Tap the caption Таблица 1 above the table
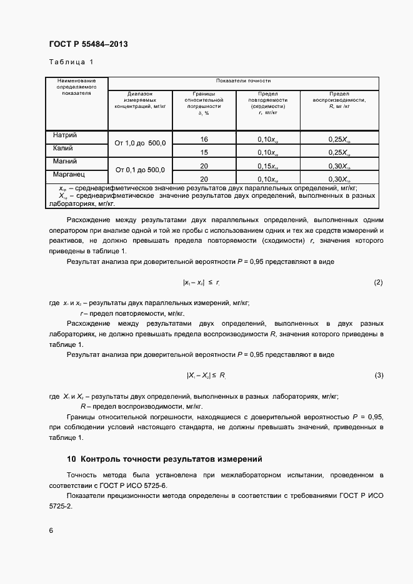point(71,62)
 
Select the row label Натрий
point(66,135)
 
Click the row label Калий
point(63,148)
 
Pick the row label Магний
point(65,162)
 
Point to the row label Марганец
point(69,174)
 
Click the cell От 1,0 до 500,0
point(140,143)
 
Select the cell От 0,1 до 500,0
point(140,169)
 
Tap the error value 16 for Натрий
point(204,139)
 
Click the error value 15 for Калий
point(204,152)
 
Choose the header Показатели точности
point(243,81)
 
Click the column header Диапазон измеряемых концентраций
point(140,100)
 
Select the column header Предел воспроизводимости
point(339,100)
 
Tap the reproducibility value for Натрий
point(339,139)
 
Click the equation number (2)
point(378,283)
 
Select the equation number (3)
point(378,375)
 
